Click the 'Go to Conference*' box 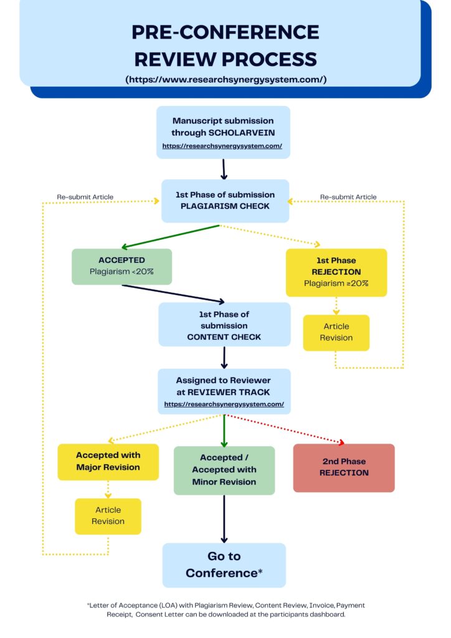(224, 564)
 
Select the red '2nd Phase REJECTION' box (344, 467)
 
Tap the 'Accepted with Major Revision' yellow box (108, 462)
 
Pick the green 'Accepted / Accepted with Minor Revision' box (224, 470)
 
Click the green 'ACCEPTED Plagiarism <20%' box (121, 267)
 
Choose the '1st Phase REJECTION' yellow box (336, 272)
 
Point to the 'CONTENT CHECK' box (224, 325)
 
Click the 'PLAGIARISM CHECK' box (225, 201)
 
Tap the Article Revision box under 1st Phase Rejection (336, 332)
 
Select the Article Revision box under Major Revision (108, 516)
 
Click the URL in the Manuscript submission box (222, 146)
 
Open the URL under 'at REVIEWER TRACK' (224, 404)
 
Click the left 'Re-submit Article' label (85, 197)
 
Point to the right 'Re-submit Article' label (348, 197)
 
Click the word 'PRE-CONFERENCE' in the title (225, 32)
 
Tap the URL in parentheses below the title (225, 79)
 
